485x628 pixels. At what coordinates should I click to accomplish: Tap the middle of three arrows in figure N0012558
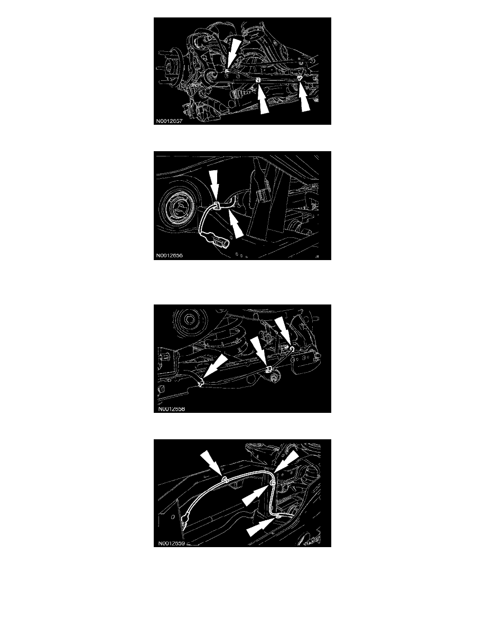tap(260, 350)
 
